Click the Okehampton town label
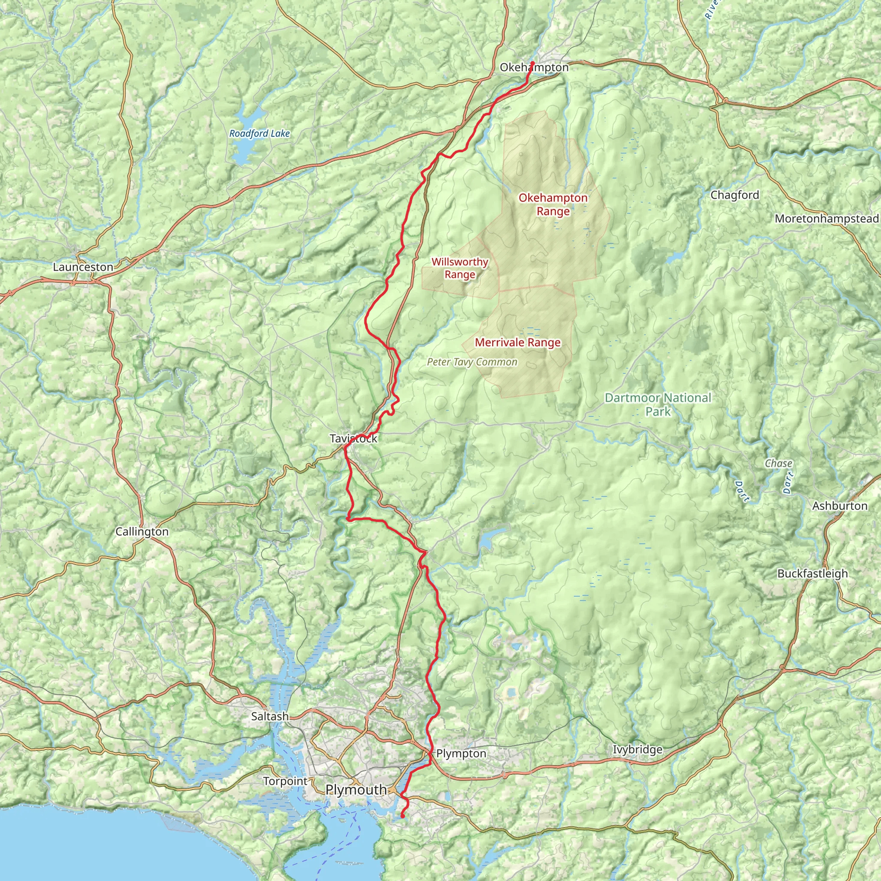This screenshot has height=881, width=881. click(534, 68)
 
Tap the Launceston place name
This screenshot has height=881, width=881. click(83, 267)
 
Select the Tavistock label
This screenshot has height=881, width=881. click(354, 439)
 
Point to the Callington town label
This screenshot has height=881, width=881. click(142, 532)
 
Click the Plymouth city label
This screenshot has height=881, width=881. click(356, 790)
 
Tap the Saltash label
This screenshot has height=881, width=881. click(270, 716)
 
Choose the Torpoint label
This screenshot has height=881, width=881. click(286, 781)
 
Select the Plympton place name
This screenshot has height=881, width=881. click(461, 754)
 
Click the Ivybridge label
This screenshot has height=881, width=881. click(637, 750)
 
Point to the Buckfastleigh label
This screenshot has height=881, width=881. click(813, 574)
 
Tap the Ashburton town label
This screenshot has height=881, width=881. click(840, 506)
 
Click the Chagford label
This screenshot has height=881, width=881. click(735, 195)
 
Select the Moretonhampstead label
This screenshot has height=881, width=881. click(826, 219)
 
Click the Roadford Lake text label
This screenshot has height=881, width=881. click(259, 134)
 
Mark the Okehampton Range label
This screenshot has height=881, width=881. click(553, 204)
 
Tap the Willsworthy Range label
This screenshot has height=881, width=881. click(460, 268)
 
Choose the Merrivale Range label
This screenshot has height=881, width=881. click(518, 342)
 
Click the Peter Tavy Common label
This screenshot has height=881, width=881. click(472, 362)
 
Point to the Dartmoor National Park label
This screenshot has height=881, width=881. click(658, 404)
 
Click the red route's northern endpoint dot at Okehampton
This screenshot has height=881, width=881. click(532, 62)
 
